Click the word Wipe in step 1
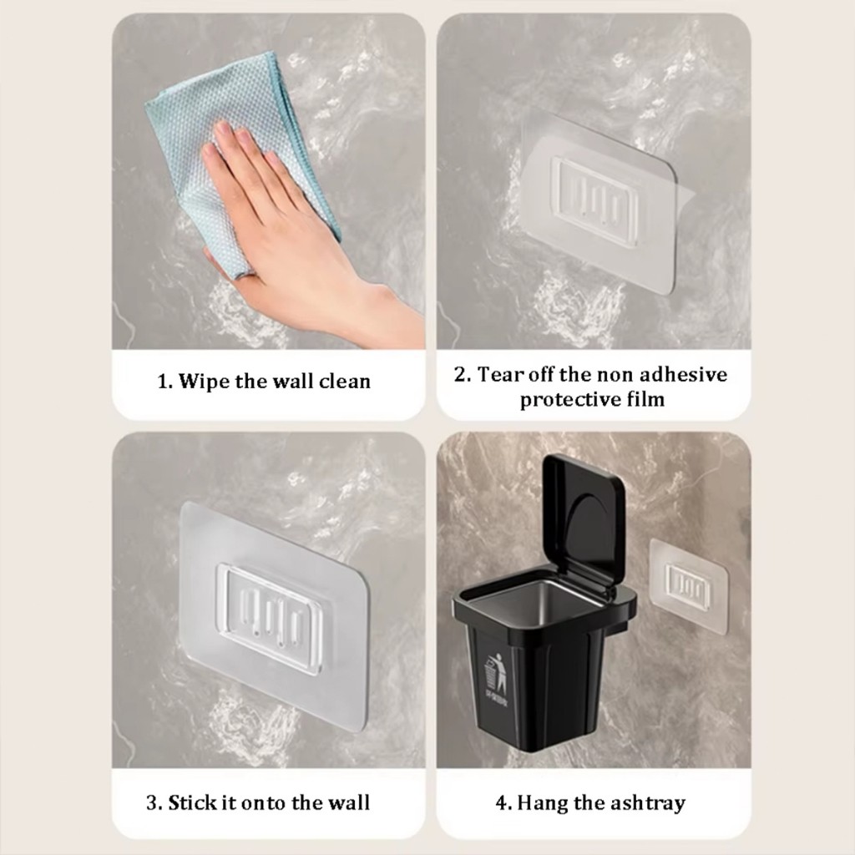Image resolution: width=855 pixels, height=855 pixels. [205, 381]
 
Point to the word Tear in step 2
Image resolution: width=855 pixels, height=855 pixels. [498, 375]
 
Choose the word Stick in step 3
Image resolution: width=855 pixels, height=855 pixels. [189, 802]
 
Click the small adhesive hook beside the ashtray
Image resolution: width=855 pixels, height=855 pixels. [689, 587]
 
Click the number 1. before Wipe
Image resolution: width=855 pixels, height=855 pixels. [164, 381]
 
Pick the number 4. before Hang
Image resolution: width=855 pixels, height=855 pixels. [503, 803]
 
